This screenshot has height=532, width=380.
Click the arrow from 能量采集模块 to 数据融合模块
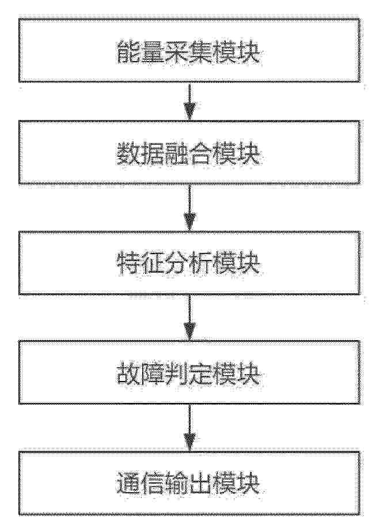(189, 101)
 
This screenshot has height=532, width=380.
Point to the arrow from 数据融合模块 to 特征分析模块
(189, 207)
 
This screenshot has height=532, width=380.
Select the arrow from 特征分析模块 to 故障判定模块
(189, 318)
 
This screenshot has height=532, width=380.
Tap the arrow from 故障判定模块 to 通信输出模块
(189, 428)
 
